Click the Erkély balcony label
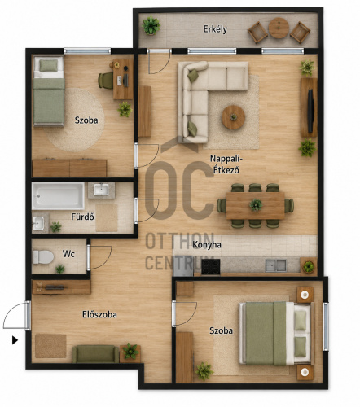pyautogui.click(x=215, y=29)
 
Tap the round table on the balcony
pyautogui.click(x=279, y=28)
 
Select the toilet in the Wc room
pyautogui.click(x=43, y=257)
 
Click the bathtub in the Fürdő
pyautogui.click(x=58, y=195)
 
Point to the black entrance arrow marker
pyautogui.click(x=15, y=340)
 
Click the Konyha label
pyautogui.click(x=207, y=245)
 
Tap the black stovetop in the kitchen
pyautogui.click(x=211, y=267)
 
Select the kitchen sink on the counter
pyautogui.click(x=275, y=265)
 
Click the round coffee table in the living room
pyautogui.click(x=233, y=117)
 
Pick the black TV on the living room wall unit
pyautogui.click(x=310, y=107)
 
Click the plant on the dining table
pyautogui.click(x=256, y=204)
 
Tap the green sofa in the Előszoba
pyautogui.click(x=95, y=354)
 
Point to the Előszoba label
pyautogui.click(x=99, y=314)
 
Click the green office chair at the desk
pyautogui.click(x=106, y=81)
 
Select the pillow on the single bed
pyautogui.click(x=49, y=66)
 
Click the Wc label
pyautogui.click(x=68, y=254)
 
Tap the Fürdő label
pyautogui.click(x=82, y=217)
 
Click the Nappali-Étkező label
pyautogui.click(x=226, y=164)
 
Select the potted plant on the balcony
pyautogui.click(x=151, y=26)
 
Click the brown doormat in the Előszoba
pyautogui.click(x=50, y=346)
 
